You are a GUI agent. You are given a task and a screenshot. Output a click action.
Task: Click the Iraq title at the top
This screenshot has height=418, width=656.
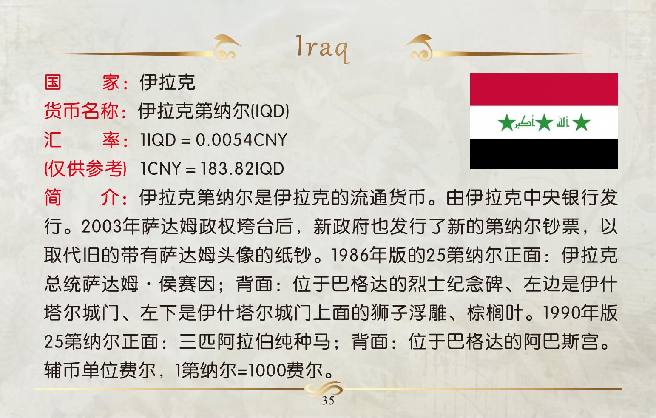coord(323,49)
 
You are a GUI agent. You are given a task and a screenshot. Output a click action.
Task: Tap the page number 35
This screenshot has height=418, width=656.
coord(328,401)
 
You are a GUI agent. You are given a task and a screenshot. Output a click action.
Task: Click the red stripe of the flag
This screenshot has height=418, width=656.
coord(544,89)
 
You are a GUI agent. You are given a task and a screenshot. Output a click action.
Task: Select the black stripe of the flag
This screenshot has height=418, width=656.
coord(544,154)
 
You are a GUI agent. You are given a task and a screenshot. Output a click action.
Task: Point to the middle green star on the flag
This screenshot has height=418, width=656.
coord(544,122)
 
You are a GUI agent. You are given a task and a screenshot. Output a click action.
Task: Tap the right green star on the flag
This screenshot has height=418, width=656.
coord(581,122)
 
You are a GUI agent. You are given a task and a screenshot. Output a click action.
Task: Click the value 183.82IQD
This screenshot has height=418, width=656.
coord(242,168)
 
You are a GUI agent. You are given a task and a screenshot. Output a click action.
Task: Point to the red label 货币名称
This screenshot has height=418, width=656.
coord(81,111)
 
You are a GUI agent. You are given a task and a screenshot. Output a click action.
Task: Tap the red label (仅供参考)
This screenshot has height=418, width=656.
coord(85,169)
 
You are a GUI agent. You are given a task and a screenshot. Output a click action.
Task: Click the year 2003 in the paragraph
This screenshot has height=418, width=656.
coord(102,226)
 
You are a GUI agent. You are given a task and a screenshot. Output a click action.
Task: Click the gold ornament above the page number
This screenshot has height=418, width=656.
coord(324,389)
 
